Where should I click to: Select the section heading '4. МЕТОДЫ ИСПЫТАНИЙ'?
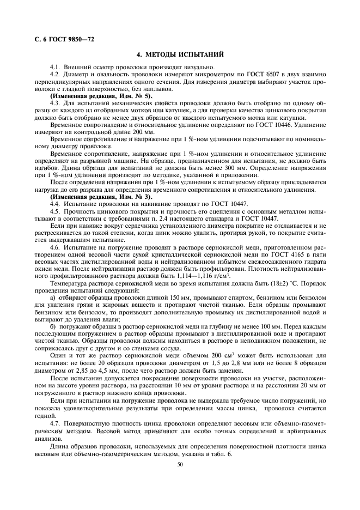click(x=179, y=55)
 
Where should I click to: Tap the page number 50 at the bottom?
click(x=180, y=464)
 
